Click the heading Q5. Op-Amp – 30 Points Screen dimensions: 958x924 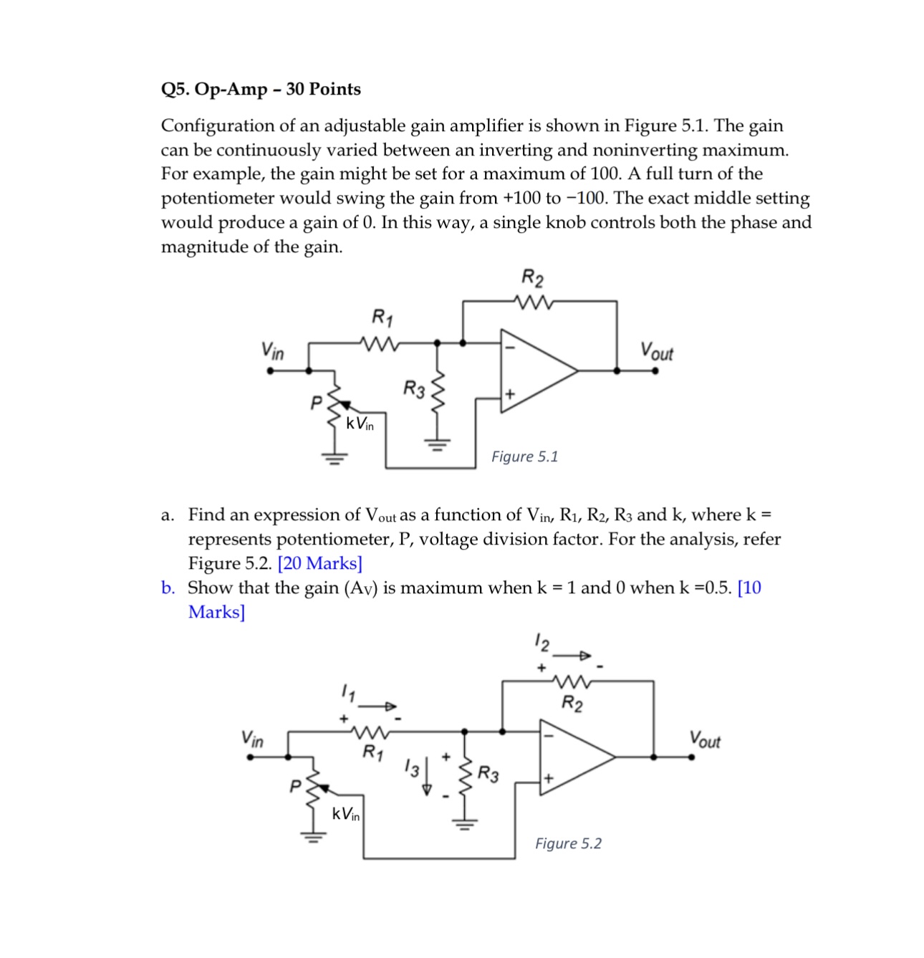click(x=261, y=90)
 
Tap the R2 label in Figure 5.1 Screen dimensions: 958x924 click(x=532, y=277)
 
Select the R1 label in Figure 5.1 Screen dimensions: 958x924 click(x=382, y=317)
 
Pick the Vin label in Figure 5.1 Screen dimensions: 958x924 click(x=272, y=351)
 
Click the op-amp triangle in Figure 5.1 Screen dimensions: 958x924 click(x=534, y=370)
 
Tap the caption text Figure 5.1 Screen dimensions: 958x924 click(x=524, y=456)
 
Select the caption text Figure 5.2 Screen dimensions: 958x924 click(x=568, y=843)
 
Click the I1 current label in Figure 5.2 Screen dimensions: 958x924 click(x=348, y=693)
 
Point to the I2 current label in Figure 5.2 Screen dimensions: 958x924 click(x=542, y=643)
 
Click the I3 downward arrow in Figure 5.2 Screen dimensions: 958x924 click(x=428, y=776)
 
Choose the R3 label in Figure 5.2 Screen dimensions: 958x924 click(x=489, y=774)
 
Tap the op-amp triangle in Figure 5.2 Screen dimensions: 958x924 click(x=572, y=757)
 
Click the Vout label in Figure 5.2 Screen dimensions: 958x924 click(x=705, y=739)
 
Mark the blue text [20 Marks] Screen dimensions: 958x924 click(x=319, y=563)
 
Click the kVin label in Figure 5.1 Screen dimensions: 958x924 click(x=360, y=423)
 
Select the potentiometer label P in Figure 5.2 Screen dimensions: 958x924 click(x=294, y=787)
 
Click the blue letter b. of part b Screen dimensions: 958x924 click(x=168, y=588)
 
